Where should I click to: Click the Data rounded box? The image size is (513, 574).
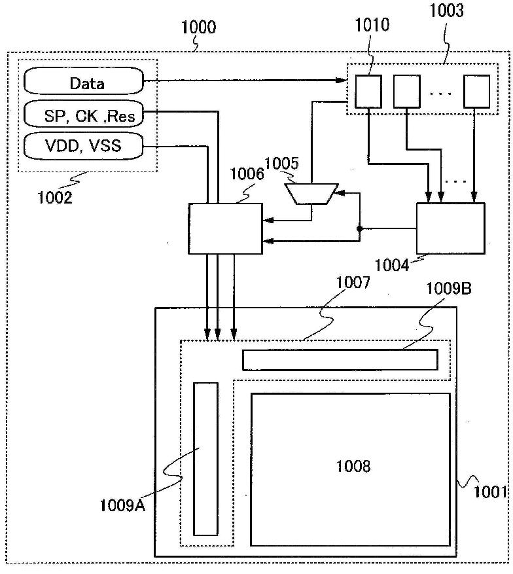[x=83, y=81]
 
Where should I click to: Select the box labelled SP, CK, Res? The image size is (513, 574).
[x=83, y=114]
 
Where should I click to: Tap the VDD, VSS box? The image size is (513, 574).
[x=83, y=146]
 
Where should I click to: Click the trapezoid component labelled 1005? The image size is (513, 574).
[x=311, y=193]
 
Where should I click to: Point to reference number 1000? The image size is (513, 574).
[x=199, y=27]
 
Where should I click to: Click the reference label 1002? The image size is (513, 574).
[x=55, y=198]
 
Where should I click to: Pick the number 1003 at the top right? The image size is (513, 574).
[x=446, y=10]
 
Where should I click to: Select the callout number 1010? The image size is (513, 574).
[x=372, y=24]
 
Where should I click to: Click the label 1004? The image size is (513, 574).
[x=392, y=264]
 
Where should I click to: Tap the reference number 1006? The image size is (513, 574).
[x=247, y=174]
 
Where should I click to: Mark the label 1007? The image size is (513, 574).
[x=353, y=282]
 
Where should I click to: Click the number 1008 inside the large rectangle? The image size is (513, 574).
[x=353, y=466]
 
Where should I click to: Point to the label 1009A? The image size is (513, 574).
[x=122, y=505]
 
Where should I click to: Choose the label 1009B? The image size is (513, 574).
[x=449, y=289]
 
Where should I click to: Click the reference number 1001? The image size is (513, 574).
[x=490, y=492]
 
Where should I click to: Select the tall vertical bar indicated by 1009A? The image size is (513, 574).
[x=205, y=459]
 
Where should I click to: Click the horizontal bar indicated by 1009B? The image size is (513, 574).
[x=340, y=360]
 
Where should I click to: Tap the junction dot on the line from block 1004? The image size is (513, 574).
[x=359, y=228]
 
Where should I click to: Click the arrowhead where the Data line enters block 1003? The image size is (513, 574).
[x=342, y=80]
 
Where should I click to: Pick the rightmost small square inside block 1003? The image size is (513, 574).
[x=477, y=92]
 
